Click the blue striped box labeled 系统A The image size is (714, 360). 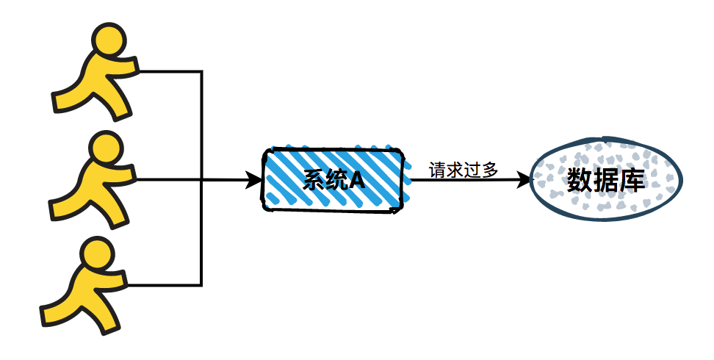(x=334, y=179)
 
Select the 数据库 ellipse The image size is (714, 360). (x=605, y=180)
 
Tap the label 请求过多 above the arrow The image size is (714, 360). (x=464, y=169)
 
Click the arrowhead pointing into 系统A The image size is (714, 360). (x=254, y=180)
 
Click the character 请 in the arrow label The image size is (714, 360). (x=438, y=169)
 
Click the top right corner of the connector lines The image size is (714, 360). (x=201, y=72)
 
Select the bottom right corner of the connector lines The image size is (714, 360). (x=201, y=284)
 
